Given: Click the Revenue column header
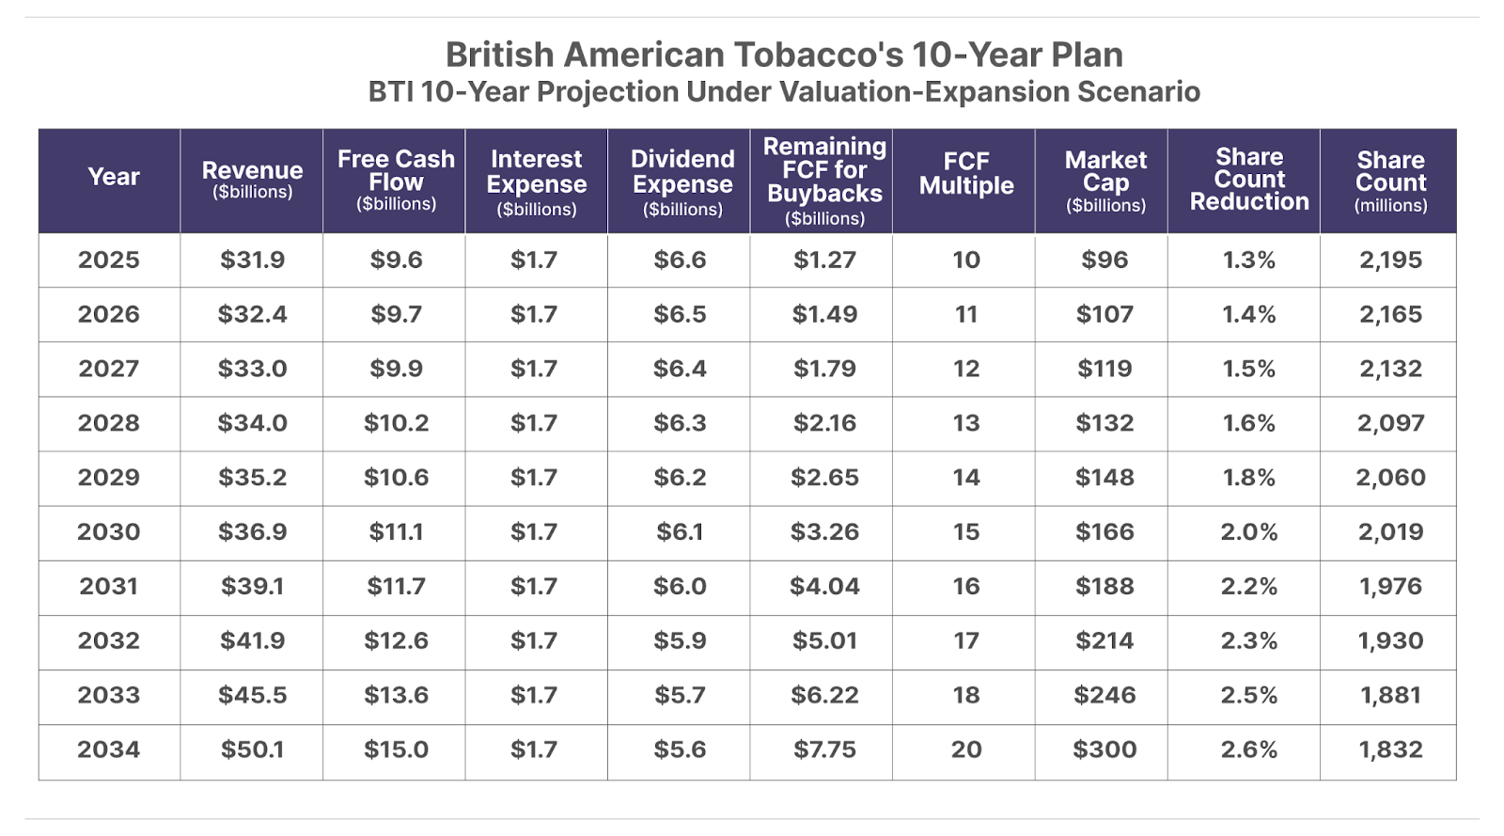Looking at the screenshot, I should tap(252, 179).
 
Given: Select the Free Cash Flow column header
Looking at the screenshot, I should tap(396, 179).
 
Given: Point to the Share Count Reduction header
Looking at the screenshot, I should tap(1249, 179).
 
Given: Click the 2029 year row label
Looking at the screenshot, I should tap(109, 478).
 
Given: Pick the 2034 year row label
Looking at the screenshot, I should tap(109, 749).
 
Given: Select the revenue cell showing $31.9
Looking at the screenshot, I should tap(252, 260).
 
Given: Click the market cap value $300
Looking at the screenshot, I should tap(1104, 749).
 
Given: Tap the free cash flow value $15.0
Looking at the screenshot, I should tap(396, 749).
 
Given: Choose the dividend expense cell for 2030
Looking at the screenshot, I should tap(680, 532).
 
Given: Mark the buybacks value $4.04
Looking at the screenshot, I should tap(824, 587).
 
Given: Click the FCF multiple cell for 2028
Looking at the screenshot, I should tap(966, 423).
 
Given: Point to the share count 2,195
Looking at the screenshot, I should tap(1390, 260).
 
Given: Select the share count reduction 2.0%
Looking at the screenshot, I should tap(1249, 532).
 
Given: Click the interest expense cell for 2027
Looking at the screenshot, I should tap(534, 369).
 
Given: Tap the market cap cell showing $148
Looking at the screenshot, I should tap(1104, 478).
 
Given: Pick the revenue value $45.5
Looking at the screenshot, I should tap(252, 695).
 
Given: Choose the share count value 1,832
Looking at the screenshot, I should tap(1390, 749).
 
